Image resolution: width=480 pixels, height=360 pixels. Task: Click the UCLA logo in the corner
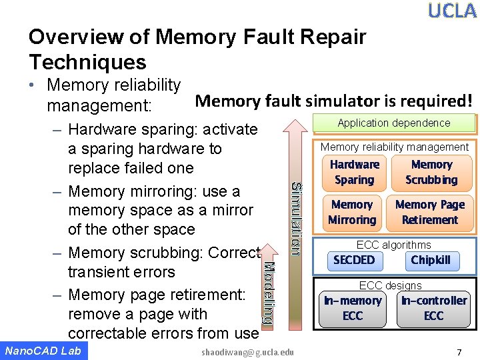click(x=452, y=11)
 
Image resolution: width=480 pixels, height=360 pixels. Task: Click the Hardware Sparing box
click(x=354, y=172)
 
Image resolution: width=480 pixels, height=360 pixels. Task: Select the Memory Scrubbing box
click(x=431, y=172)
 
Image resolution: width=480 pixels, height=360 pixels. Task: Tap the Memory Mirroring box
click(x=351, y=212)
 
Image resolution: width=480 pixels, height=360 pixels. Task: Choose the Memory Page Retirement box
click(x=430, y=212)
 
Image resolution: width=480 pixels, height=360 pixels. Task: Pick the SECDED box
click(x=354, y=260)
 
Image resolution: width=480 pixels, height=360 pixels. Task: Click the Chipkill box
click(x=431, y=260)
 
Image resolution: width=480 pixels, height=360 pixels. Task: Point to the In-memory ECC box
click(x=352, y=308)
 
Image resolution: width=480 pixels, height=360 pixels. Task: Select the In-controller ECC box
click(x=433, y=308)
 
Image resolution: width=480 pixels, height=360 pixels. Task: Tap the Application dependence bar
click(x=394, y=123)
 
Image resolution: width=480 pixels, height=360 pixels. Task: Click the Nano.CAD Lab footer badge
click(x=43, y=351)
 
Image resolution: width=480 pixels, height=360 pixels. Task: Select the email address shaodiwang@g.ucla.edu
click(x=247, y=351)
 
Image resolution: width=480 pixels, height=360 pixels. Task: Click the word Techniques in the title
click(x=87, y=63)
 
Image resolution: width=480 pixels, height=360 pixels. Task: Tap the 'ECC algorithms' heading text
click(x=393, y=245)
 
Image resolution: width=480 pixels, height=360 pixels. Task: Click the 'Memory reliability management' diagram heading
click(x=395, y=147)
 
